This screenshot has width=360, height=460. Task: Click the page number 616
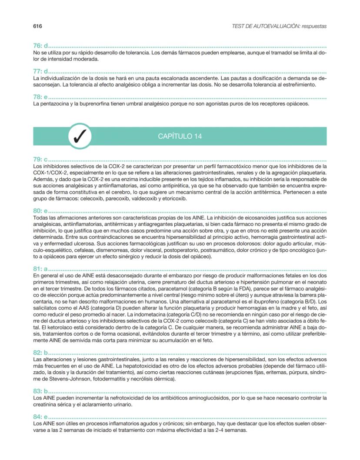(37, 26)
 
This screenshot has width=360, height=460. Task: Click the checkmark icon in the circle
(80, 136)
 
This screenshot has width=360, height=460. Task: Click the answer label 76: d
(40, 46)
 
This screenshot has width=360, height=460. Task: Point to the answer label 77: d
(40, 71)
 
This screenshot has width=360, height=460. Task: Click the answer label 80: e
(40, 210)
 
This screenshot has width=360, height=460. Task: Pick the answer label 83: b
(40, 390)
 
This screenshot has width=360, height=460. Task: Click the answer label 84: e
(40, 417)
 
